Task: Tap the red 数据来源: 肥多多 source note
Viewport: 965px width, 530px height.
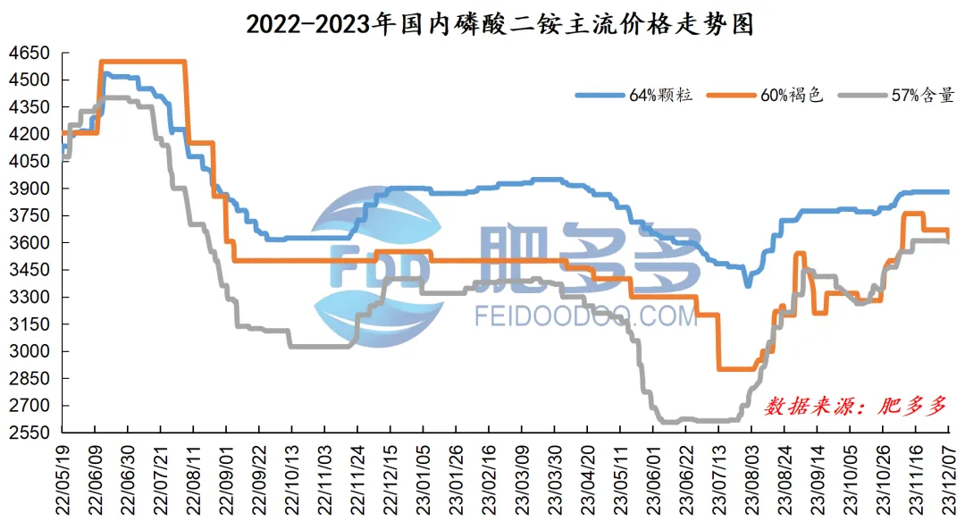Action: (853, 405)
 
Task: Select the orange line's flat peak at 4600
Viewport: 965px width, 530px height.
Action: (143, 61)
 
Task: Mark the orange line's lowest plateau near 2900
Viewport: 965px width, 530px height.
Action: (736, 368)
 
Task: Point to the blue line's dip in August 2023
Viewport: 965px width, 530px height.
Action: (748, 284)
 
